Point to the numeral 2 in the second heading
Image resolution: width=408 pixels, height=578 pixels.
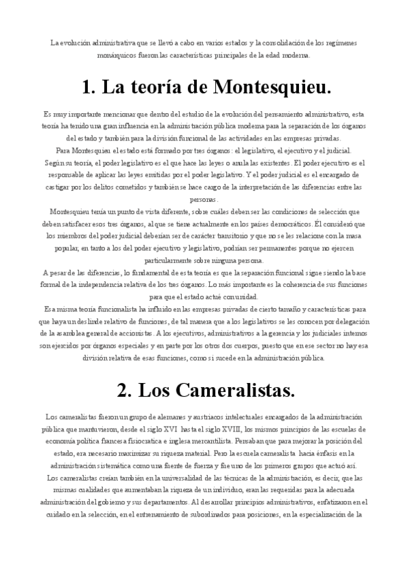(x=123, y=391)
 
